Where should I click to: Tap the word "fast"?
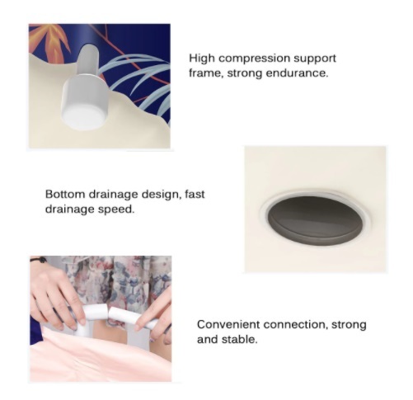(x=195, y=194)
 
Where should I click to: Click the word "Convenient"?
(x=228, y=325)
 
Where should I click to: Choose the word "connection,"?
(x=296, y=325)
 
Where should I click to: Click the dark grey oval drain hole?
(x=316, y=220)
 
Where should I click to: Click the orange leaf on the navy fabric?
(x=51, y=41)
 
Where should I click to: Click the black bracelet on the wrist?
(x=40, y=259)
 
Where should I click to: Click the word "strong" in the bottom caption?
(x=349, y=325)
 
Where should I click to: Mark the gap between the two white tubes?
(x=109, y=313)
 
